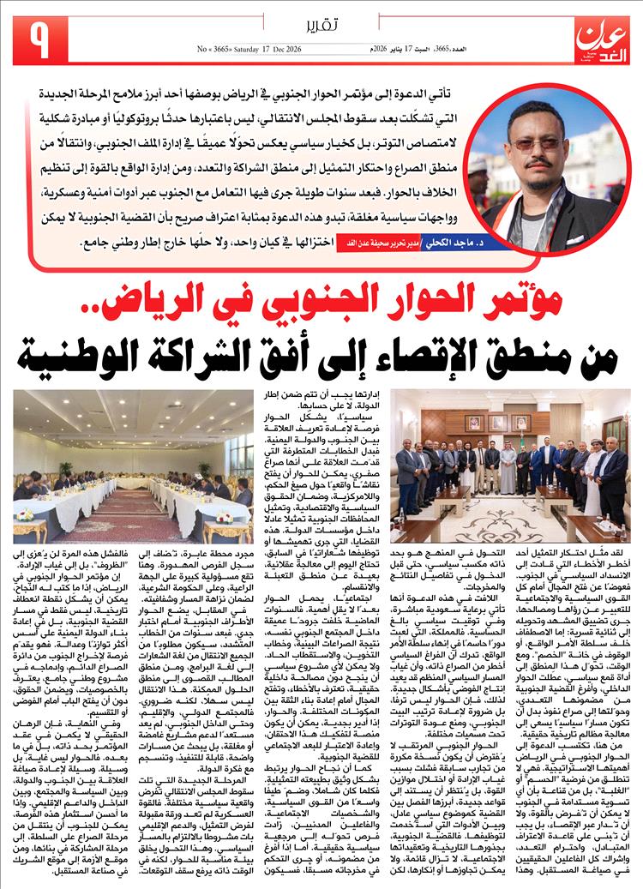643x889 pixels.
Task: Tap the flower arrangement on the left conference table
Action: pos(25,514)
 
